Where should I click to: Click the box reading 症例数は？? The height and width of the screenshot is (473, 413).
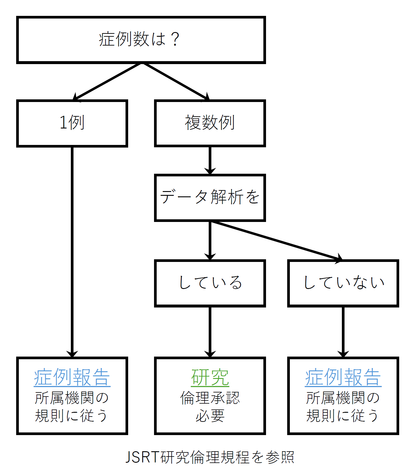[141, 40]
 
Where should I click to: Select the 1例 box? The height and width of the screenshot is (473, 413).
[72, 123]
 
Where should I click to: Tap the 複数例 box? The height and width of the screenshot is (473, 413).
[210, 123]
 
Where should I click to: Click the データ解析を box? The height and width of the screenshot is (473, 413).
[210, 197]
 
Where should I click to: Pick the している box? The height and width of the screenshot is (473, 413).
[210, 283]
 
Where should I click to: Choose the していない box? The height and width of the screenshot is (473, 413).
[343, 283]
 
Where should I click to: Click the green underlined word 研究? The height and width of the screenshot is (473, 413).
[210, 377]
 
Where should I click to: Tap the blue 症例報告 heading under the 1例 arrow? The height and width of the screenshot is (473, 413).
[72, 377]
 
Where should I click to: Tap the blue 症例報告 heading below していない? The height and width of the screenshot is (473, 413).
[343, 377]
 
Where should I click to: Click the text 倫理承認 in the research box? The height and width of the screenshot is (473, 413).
[210, 398]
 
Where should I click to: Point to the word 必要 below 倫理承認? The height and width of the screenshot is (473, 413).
[210, 416]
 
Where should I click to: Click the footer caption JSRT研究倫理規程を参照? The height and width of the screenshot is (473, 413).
[210, 457]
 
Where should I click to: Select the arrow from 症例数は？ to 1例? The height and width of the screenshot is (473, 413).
[107, 81]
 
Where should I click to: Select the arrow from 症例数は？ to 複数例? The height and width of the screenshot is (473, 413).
[176, 81]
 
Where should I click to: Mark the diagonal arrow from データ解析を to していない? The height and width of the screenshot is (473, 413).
[276, 240]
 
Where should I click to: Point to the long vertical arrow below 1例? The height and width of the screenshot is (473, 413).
[72, 250]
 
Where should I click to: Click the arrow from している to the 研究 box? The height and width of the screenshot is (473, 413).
[210, 331]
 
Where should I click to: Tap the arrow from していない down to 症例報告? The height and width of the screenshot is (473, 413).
[343, 331]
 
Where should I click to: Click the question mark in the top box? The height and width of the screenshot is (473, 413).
[175, 39]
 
